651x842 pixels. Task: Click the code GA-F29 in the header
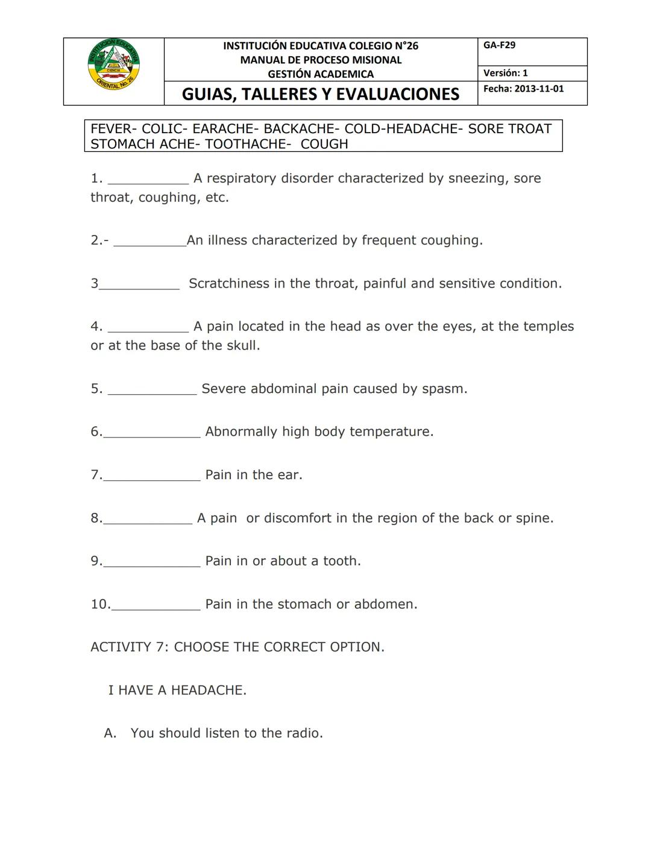click(x=499, y=45)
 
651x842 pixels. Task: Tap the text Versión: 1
click(x=505, y=73)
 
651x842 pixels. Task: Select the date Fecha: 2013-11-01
click(x=523, y=89)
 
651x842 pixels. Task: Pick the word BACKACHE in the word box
click(x=299, y=129)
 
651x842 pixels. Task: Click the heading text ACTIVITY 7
click(x=129, y=647)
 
